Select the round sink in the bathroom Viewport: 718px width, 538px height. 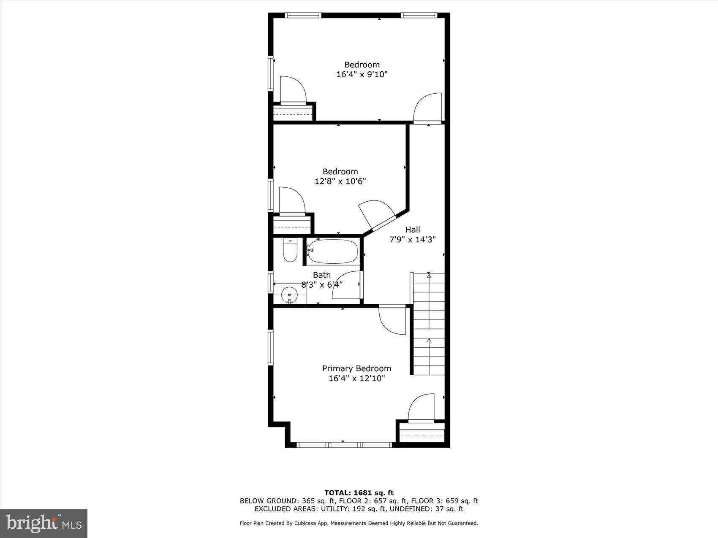point(289,294)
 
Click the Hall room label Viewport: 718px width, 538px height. point(413,230)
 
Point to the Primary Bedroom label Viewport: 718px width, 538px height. point(356,368)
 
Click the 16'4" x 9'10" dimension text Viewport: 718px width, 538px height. point(362,75)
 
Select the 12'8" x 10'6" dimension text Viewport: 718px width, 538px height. point(340,181)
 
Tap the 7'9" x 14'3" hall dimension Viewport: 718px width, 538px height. point(412,240)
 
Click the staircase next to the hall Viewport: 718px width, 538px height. point(429,324)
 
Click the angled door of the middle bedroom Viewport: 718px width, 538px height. point(377,215)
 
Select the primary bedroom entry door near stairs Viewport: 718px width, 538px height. point(393,320)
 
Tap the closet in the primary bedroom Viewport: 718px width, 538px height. point(422,432)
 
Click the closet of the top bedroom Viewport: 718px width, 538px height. point(293,113)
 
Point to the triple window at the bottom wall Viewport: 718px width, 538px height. point(344,445)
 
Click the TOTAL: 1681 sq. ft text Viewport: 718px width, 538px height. point(359,492)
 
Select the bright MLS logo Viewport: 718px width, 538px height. point(44,524)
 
